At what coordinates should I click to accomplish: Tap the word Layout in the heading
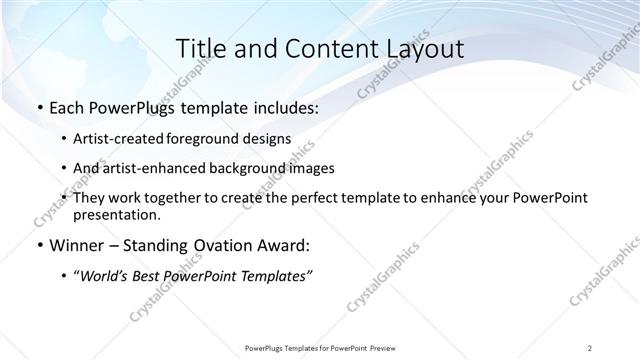click(x=424, y=49)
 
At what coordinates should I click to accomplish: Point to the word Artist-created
click(x=120, y=138)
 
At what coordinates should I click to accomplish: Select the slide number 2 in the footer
click(x=590, y=347)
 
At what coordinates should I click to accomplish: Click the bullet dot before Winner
click(x=39, y=245)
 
